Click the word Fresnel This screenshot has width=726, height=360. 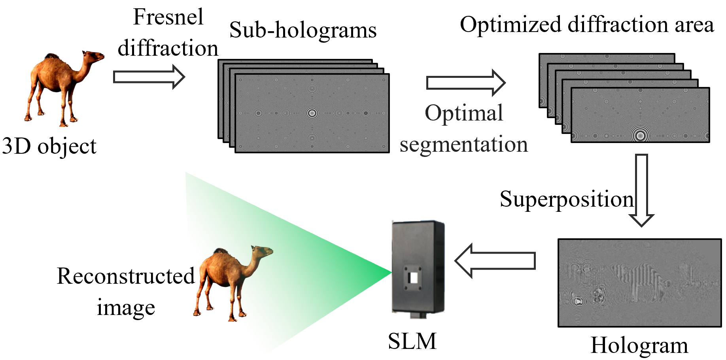168,17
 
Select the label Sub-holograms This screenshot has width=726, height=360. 302,30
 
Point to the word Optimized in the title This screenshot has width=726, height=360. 510,25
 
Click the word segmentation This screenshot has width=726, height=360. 463,144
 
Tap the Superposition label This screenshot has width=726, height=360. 566,199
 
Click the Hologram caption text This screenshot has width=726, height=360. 639,345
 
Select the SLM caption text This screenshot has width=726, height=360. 412,341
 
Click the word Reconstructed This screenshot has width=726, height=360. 126,276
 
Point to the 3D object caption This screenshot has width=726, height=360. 49,146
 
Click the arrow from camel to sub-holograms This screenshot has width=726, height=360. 149,77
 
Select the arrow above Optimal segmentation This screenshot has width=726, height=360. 465,83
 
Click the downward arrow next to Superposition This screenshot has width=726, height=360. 641,190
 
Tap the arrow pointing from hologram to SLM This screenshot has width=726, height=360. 495,261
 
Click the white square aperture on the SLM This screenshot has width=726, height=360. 414,277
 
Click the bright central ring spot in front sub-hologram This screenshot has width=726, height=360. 312,113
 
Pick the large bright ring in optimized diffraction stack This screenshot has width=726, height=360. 639,136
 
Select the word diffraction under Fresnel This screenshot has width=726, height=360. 168,48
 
